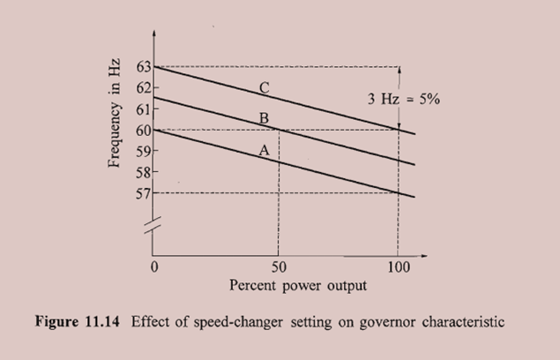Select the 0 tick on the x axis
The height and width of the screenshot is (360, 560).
pyautogui.click(x=154, y=266)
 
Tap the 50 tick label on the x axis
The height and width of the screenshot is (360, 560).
pyautogui.click(x=279, y=266)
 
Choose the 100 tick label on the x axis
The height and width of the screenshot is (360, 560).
pyautogui.click(x=399, y=266)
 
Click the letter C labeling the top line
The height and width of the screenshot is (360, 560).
pyautogui.click(x=263, y=86)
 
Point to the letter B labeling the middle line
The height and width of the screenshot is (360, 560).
pyautogui.click(x=263, y=118)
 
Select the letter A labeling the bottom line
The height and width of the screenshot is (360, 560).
pyautogui.click(x=263, y=150)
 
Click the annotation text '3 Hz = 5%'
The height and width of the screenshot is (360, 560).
pyautogui.click(x=404, y=99)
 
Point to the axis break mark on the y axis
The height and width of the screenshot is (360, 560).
pyautogui.click(x=155, y=225)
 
